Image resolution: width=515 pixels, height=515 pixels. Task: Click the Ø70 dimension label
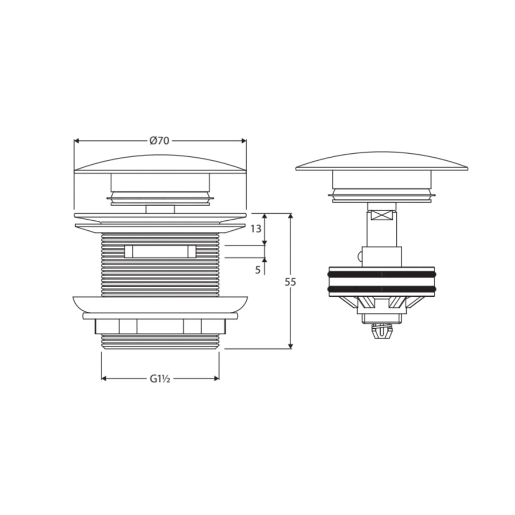[x=159, y=141]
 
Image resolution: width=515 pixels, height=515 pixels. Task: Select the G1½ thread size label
[x=160, y=379]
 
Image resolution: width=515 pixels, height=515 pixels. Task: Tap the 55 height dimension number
[x=290, y=282]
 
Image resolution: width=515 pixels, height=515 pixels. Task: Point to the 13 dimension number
[x=256, y=229]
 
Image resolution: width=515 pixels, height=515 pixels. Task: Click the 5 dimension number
[x=258, y=270]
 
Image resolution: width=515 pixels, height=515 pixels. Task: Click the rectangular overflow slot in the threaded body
[x=160, y=251]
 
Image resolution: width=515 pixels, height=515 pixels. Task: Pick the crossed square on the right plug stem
[x=382, y=216]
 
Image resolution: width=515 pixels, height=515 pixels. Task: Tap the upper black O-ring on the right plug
[x=382, y=274]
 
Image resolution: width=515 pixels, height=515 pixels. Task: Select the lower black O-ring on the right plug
[x=382, y=289]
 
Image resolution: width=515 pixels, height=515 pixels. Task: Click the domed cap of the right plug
[x=382, y=161]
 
